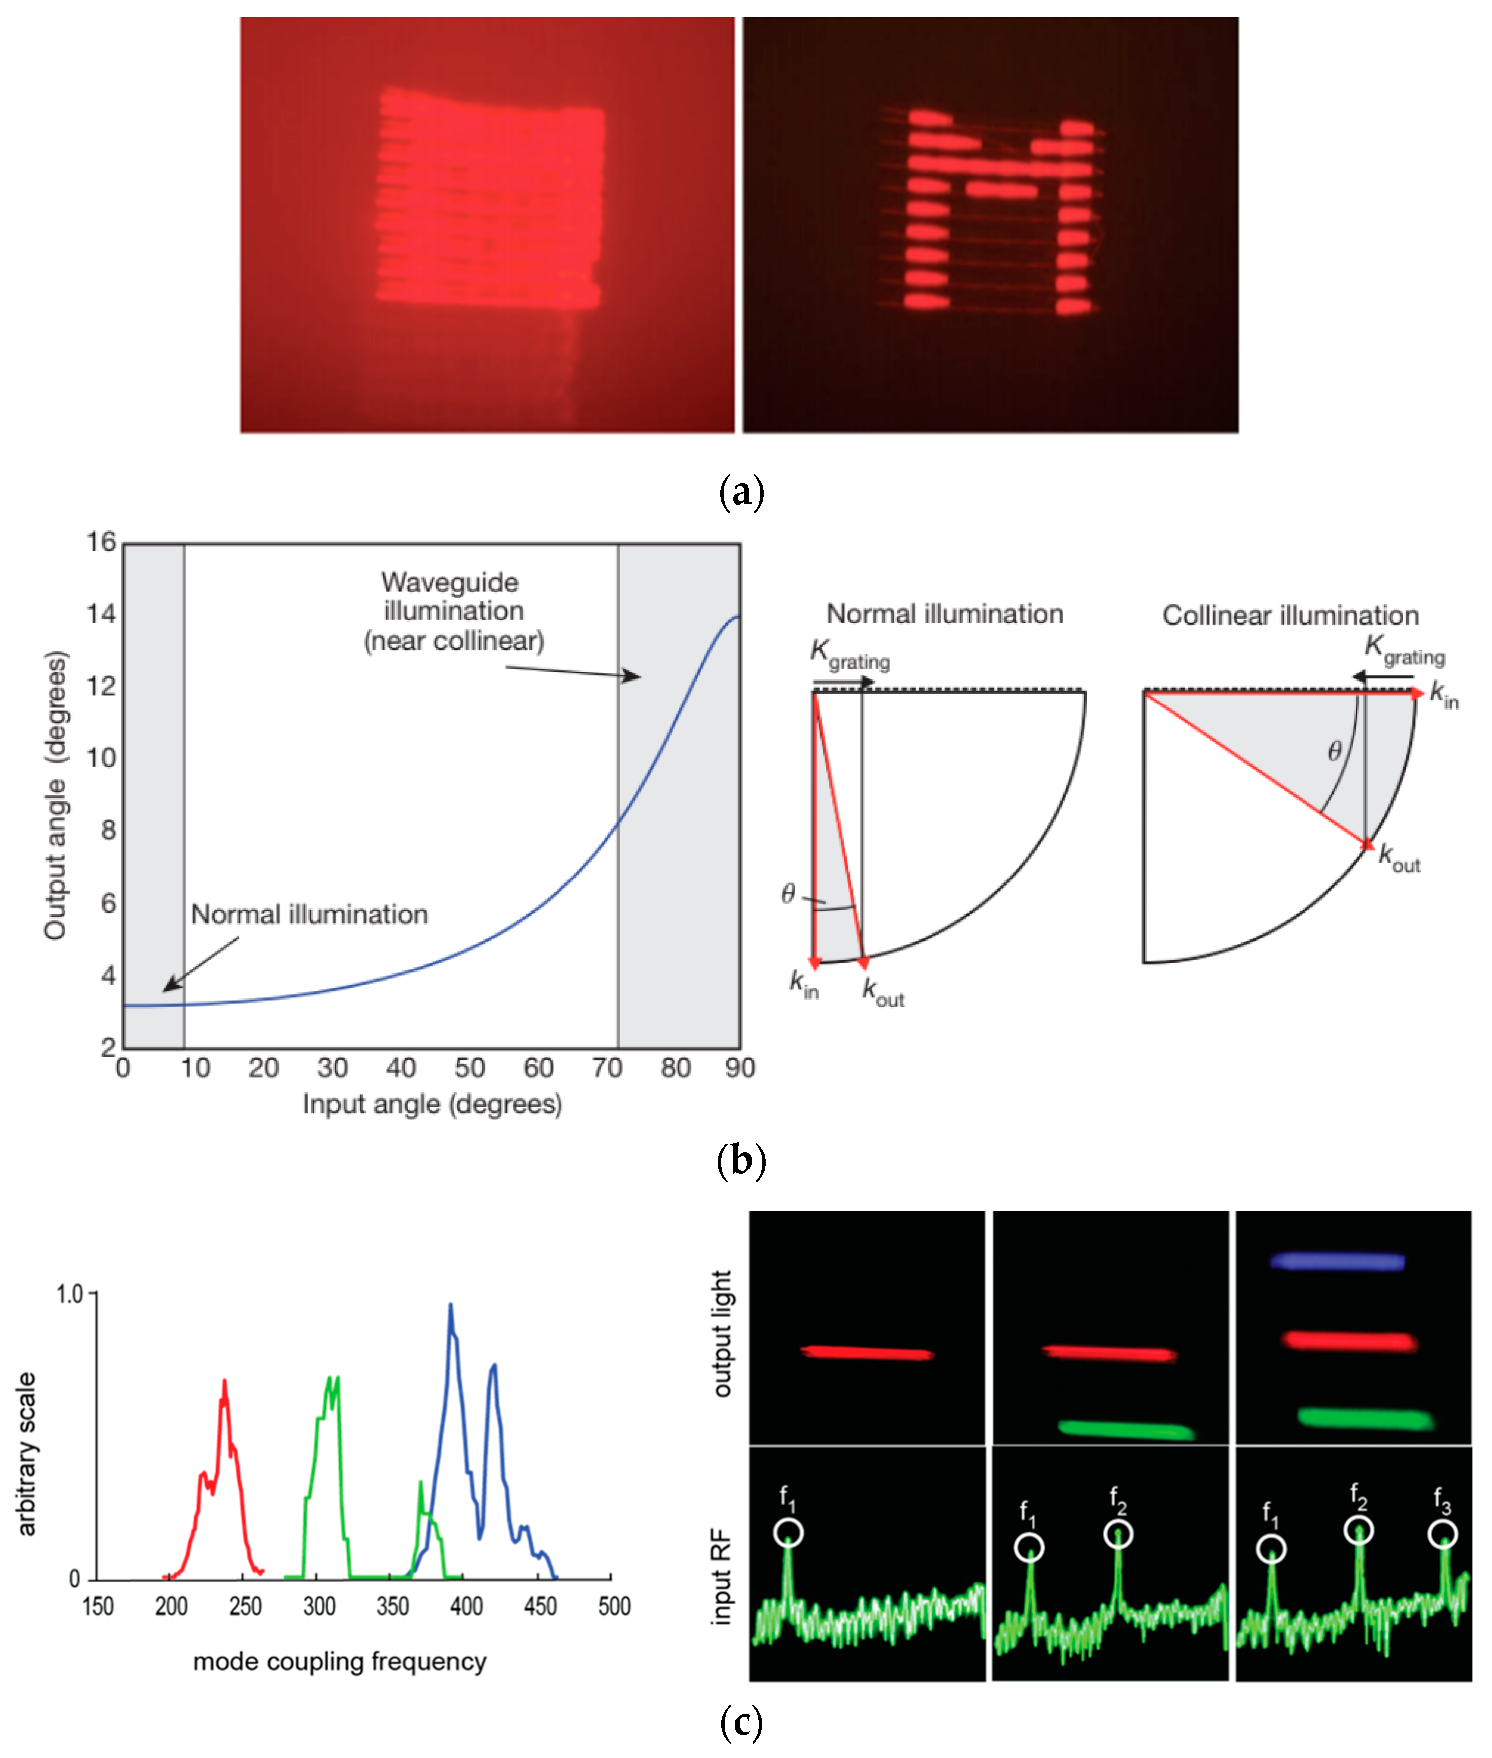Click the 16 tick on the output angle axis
click(101, 542)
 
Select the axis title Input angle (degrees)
click(432, 1104)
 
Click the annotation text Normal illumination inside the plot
click(310, 914)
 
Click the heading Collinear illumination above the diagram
click(1290, 615)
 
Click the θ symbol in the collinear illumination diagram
click(1335, 751)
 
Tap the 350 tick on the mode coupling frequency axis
click(392, 1606)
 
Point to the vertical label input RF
click(721, 1576)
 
